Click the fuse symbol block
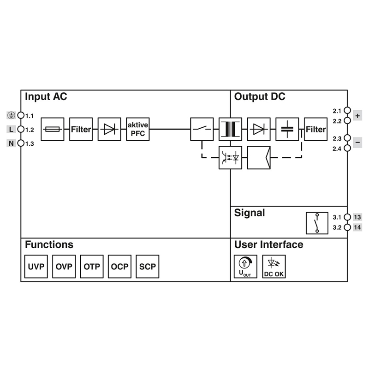[53, 129]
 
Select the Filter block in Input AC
[81, 129]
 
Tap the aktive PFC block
[137, 129]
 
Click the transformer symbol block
[230, 129]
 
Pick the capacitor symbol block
[287, 129]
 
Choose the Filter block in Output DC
[315, 129]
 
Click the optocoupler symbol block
[230, 158]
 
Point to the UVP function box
[36, 267]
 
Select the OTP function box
[92, 267]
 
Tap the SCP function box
[148, 267]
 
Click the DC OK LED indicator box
[274, 267]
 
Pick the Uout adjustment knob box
[245, 267]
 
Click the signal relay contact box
[317, 223]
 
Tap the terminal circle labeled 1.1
[21, 115]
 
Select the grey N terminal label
[11, 143]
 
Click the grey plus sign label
[357, 116]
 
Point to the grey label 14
[357, 227]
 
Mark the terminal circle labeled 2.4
[347, 148]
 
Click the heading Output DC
[260, 96]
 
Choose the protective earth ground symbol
[11, 115]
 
